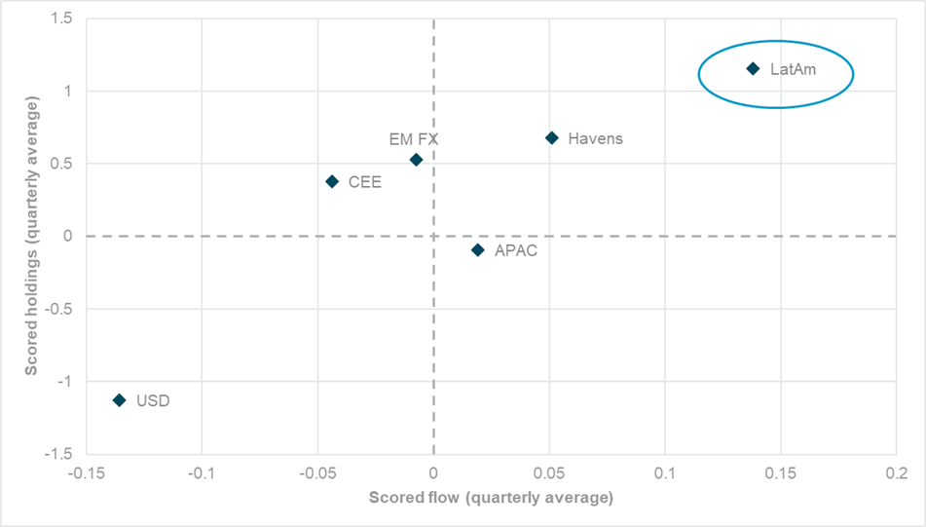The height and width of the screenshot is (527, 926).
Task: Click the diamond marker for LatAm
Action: pos(753,68)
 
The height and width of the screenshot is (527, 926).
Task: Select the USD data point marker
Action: pos(120,399)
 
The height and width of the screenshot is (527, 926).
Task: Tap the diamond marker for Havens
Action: pos(552,138)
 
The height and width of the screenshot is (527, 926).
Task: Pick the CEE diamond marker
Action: pos(332,181)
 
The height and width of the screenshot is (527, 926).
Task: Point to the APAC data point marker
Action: pos(478,250)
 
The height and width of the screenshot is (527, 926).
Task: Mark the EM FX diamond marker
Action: pos(416,160)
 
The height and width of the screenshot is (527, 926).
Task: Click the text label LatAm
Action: pos(790,70)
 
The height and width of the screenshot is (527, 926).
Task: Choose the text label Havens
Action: pos(595,138)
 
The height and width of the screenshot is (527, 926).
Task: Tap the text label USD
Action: pos(153,400)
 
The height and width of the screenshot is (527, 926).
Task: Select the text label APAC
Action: pos(516,250)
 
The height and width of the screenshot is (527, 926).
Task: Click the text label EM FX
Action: pos(414,139)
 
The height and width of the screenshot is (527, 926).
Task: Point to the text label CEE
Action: pos(365,182)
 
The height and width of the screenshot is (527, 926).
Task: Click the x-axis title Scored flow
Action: pos(490,498)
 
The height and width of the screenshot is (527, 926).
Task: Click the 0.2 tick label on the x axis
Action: pos(895,472)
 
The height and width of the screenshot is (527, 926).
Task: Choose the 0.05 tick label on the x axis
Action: pos(548,472)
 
